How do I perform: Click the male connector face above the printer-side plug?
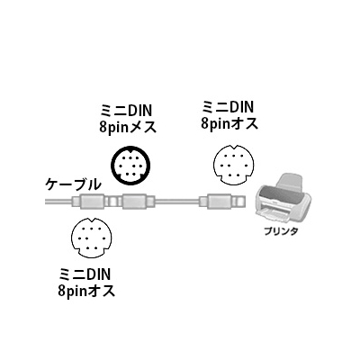click(x=233, y=165)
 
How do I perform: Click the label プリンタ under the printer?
click(x=282, y=232)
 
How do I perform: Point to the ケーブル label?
click(x=72, y=184)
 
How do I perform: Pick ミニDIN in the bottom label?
click(x=85, y=274)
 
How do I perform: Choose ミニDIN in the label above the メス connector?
click(x=127, y=111)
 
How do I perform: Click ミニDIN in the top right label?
click(x=228, y=106)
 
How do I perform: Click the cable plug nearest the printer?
click(x=223, y=201)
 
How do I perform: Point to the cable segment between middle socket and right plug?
click(x=177, y=202)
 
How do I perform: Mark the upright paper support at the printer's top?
click(x=290, y=182)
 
